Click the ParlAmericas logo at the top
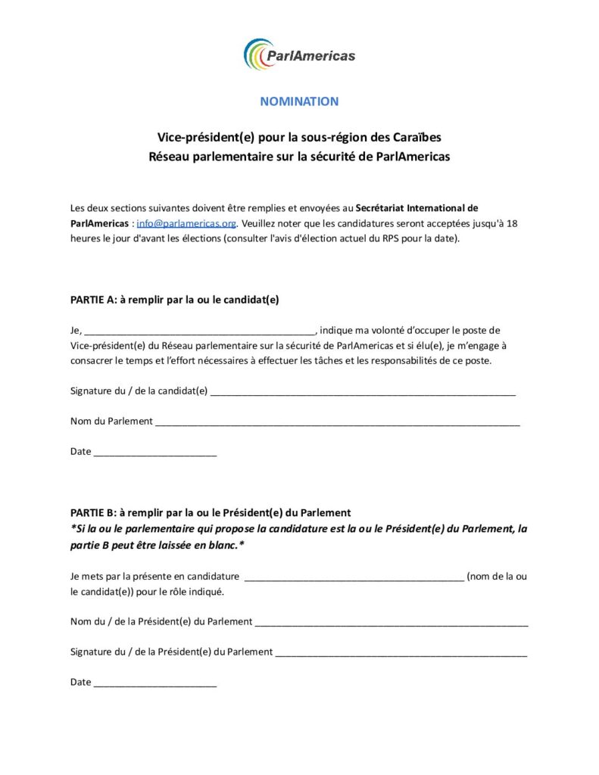pyautogui.click(x=299, y=54)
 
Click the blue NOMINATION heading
pyautogui.click(x=299, y=101)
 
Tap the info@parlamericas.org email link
pyautogui.click(x=186, y=223)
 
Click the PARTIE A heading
pyautogui.click(x=174, y=299)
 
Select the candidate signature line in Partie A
pyautogui.click(x=362, y=392)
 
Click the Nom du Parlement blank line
pyautogui.click(x=337, y=422)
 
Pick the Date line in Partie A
pyautogui.click(x=154, y=453)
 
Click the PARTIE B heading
pyautogui.click(x=211, y=512)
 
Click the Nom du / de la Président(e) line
pyautogui.click(x=392, y=623)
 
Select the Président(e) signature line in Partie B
pyautogui.click(x=401, y=652)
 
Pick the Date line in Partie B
pyautogui.click(x=154, y=683)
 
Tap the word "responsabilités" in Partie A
pyautogui.click(x=423, y=361)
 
